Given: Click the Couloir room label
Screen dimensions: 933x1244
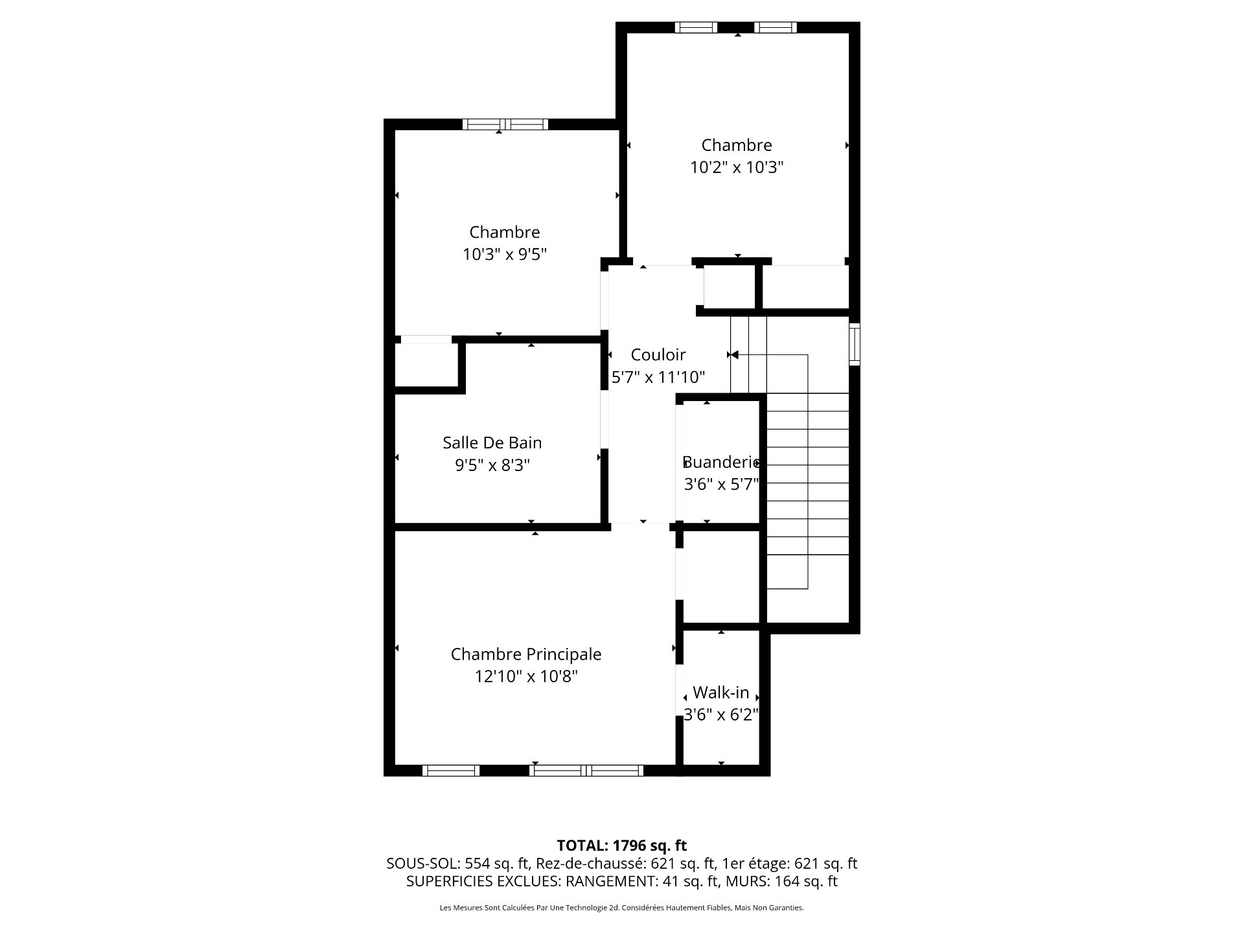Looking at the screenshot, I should coord(658,354).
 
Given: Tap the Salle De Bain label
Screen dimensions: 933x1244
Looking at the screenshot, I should coord(492,443).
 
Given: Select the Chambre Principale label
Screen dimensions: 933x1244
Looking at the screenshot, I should coord(525,654).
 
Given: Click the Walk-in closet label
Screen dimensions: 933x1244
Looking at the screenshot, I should coord(720,693).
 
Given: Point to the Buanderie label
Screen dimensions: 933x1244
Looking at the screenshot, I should coord(720,462).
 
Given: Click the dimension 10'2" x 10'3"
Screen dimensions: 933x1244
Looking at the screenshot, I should coord(737,168).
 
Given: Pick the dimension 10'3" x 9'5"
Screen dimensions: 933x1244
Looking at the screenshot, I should coord(504,255).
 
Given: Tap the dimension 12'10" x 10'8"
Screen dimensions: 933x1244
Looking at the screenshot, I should coord(525,676).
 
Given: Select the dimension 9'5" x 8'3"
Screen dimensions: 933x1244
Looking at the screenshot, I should coord(492,465).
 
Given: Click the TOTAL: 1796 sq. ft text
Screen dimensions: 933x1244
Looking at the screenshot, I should coord(621,846).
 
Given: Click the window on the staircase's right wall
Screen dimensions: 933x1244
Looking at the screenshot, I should coord(854,344).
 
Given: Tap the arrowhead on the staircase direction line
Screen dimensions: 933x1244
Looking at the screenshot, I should coord(735,355).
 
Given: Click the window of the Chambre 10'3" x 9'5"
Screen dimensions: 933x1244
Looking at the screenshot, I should coord(505,124).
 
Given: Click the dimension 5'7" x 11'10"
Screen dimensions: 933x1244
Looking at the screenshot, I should coord(658,377).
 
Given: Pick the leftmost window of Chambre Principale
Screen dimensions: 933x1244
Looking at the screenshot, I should coord(451,770).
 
